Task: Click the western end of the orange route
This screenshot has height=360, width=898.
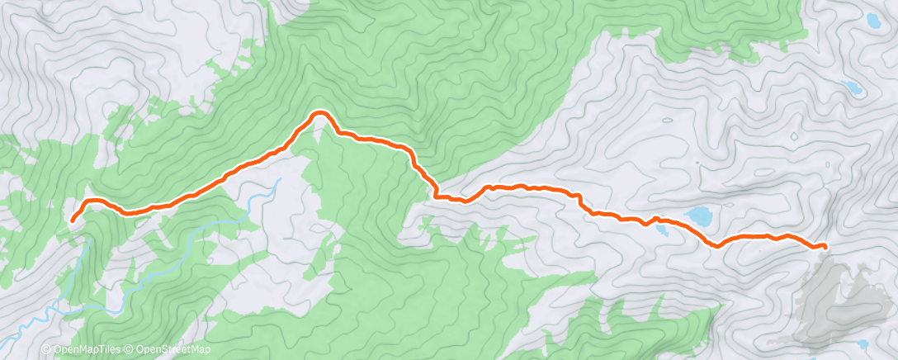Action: (73, 220)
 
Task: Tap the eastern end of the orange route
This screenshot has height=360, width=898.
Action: (825, 247)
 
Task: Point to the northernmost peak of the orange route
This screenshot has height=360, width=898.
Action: (319, 112)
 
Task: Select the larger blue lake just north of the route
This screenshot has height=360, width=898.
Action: (701, 216)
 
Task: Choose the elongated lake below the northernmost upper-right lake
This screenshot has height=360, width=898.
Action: (852, 88)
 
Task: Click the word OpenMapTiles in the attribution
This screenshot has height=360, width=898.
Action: (82, 350)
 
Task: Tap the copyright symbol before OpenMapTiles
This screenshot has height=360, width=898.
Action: (46, 350)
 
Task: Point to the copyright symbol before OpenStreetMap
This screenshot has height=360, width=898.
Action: (130, 350)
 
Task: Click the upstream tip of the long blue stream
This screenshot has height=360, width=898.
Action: (280, 179)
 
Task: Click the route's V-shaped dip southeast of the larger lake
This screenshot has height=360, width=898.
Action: (715, 245)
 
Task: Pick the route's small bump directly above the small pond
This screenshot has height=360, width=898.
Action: (656, 219)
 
